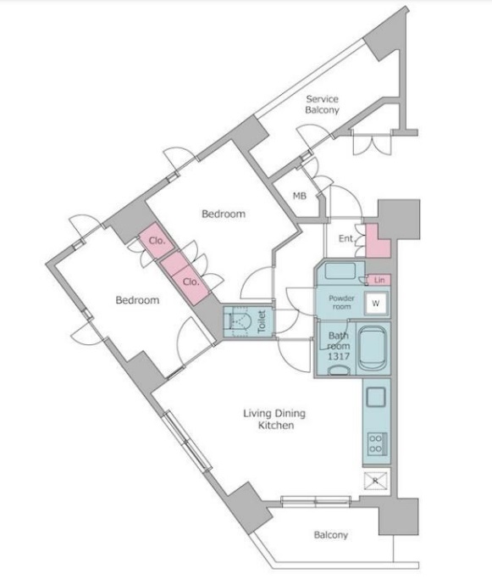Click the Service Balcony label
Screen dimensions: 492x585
(x=322, y=104)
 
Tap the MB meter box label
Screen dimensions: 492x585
(x=299, y=196)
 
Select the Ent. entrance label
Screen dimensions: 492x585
(x=346, y=238)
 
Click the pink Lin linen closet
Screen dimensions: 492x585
(x=379, y=280)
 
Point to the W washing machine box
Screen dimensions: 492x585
(x=376, y=304)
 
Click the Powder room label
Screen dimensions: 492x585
(x=341, y=302)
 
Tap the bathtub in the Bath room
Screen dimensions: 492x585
(x=373, y=348)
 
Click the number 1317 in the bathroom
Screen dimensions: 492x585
(x=339, y=356)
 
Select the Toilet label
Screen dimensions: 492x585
(x=262, y=321)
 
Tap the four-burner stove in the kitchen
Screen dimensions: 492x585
(x=377, y=444)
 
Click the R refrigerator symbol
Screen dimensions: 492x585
(x=376, y=481)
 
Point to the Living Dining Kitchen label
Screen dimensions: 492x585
(x=274, y=420)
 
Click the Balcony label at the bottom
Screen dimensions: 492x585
(x=330, y=535)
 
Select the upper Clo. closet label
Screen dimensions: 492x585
(x=157, y=241)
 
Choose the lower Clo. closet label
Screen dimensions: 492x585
(x=191, y=282)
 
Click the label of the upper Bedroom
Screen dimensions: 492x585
(x=224, y=214)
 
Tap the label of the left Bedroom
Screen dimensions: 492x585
(x=137, y=300)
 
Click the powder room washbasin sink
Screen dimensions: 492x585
(x=340, y=270)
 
